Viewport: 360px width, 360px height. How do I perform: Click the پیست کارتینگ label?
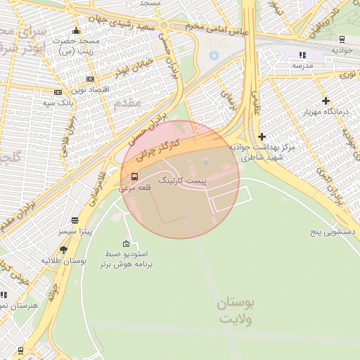[184, 181]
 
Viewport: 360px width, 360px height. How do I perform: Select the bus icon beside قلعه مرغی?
[134, 176]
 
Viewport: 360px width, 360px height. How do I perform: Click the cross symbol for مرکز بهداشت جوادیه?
[262, 136]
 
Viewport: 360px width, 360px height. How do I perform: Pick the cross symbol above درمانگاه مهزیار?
[325, 101]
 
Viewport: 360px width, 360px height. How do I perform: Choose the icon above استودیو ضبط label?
[127, 243]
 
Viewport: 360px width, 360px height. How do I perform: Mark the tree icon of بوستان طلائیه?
[64, 250]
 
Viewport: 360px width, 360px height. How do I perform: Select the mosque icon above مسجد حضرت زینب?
[76, 31]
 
